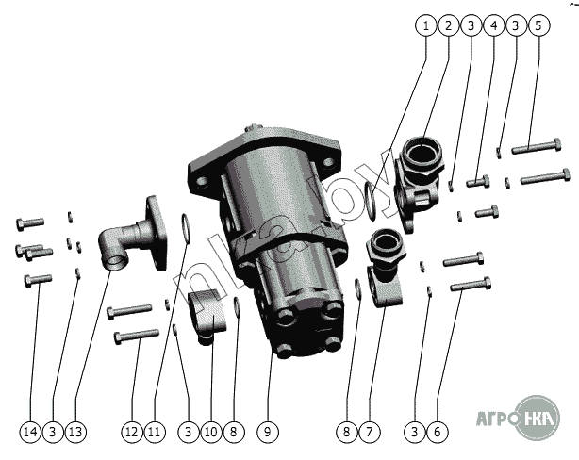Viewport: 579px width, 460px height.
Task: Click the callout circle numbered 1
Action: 426,25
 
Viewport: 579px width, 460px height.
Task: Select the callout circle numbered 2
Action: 449,25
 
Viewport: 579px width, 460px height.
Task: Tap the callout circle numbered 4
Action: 494,25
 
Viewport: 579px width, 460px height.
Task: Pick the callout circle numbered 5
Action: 538,25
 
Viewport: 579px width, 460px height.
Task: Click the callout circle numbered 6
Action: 438,432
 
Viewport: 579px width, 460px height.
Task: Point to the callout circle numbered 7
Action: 369,432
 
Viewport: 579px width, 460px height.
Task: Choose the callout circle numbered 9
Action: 268,432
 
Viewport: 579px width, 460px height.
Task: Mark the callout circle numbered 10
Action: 211,432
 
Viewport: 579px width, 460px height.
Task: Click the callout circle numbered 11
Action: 155,432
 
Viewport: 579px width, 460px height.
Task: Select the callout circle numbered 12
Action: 132,432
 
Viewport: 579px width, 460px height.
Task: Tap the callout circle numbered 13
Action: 75,432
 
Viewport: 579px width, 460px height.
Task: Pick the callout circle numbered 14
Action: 30,432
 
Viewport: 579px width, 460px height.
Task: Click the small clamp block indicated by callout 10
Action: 207,317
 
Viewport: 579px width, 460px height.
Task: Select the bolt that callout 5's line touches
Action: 537,146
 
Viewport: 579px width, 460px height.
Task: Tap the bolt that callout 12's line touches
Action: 136,336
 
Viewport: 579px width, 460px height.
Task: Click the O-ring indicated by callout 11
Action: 186,228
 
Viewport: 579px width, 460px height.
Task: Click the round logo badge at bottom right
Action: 538,418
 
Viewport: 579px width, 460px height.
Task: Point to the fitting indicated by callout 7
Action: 385,267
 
